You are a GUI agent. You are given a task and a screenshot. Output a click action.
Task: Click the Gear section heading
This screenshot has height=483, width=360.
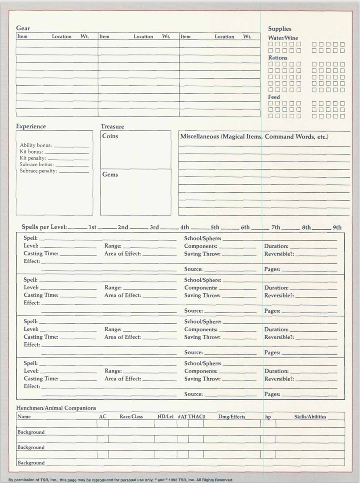[23, 28]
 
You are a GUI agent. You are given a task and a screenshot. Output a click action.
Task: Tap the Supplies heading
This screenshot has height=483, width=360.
[280, 29]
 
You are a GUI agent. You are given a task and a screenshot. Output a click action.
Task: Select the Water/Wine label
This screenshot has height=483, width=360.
[283, 38]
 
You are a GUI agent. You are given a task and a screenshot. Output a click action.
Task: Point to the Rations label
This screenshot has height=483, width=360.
[278, 58]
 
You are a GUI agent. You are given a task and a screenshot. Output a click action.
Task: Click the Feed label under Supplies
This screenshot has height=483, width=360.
[274, 97]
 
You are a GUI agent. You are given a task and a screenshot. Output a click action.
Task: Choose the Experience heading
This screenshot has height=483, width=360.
[31, 126]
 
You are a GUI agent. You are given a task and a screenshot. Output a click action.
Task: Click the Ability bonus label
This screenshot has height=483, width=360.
[36, 145]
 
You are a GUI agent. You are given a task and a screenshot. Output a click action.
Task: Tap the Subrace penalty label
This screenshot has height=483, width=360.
[38, 171]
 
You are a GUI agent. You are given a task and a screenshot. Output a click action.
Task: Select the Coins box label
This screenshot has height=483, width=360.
[110, 136]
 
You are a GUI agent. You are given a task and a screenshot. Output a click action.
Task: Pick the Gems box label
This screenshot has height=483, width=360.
[110, 174]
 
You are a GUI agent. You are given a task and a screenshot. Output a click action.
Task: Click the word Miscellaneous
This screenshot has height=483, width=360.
[199, 136]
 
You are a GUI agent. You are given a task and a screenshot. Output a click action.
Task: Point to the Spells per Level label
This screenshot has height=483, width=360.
[44, 227]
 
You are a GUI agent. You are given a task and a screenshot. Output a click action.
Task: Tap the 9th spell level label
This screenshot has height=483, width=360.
[337, 227]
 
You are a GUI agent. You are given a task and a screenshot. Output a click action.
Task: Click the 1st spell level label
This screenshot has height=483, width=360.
[92, 227]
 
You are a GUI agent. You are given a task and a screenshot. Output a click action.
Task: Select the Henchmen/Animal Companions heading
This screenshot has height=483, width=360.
[56, 408]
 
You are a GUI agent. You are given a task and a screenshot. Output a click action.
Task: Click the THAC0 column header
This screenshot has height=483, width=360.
[197, 417]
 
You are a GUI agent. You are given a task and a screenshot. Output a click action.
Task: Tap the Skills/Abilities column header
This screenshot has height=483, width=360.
[310, 417]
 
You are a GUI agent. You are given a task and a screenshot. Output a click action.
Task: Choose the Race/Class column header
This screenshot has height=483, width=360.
[131, 417]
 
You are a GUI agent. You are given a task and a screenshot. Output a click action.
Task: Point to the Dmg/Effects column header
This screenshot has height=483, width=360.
[232, 417]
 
